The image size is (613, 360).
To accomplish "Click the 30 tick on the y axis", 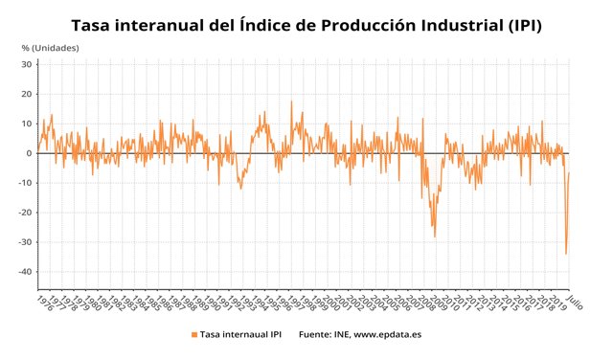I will click(x=28, y=64).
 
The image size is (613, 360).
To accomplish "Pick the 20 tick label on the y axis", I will click(x=28, y=94).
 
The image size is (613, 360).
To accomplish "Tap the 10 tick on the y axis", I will click(x=28, y=124).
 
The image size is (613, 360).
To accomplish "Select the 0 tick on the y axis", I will click(x=31, y=153).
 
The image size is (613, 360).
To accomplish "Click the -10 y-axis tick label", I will click(x=26, y=183).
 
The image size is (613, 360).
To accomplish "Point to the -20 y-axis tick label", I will click(x=26, y=213).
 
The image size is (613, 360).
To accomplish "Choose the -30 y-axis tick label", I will click(x=26, y=242).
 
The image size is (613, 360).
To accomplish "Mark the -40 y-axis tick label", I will click(x=26, y=272).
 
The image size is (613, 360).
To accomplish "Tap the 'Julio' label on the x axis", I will click(x=573, y=301).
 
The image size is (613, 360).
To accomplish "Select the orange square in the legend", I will click(x=193, y=335).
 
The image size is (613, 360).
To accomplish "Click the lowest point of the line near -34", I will click(x=566, y=254).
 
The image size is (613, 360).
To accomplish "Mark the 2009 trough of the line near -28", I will click(x=435, y=236).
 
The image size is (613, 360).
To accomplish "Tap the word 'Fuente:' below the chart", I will click(x=317, y=335).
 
